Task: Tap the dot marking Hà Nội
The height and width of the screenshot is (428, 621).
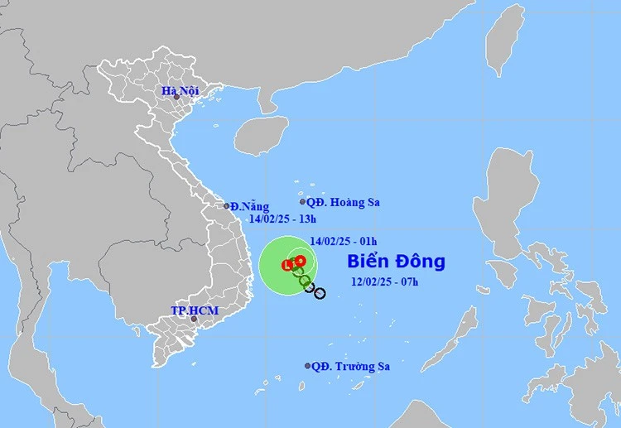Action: pyautogui.click(x=176, y=97)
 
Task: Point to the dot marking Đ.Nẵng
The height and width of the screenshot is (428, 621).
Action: pyautogui.click(x=226, y=206)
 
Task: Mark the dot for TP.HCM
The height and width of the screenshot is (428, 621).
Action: pyautogui.click(x=194, y=319)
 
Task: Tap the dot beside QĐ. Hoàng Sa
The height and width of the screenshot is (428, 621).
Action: pyautogui.click(x=302, y=201)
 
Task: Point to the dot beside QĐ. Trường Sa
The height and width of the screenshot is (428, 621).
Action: pyautogui.click(x=308, y=365)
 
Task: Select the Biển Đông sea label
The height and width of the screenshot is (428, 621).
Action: pyautogui.click(x=396, y=262)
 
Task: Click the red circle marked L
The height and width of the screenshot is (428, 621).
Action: pyautogui.click(x=287, y=266)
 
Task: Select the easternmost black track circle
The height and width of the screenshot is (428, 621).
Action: pyautogui.click(x=320, y=293)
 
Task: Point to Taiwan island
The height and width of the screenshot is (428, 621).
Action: pyautogui.click(x=504, y=37)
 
